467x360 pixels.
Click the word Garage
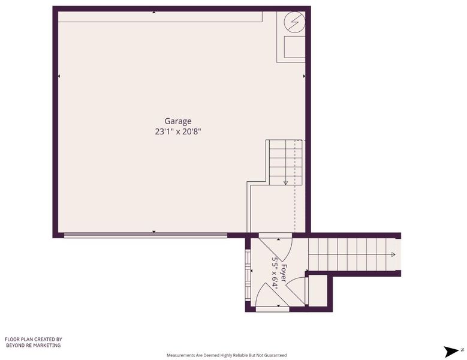[x=178, y=121]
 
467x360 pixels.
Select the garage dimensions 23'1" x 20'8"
[x=178, y=131]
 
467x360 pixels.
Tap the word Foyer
[x=284, y=273]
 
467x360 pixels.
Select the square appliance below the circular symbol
[x=294, y=47]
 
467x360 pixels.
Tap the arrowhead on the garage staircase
[x=285, y=182]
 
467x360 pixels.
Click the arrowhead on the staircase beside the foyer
[x=393, y=254]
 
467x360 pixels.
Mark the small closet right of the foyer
[x=318, y=290]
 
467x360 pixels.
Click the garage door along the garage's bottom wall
[x=146, y=235]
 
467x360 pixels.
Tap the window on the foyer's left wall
[x=248, y=275]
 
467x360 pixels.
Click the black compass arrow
[x=451, y=352]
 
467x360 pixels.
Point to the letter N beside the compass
[x=462, y=350]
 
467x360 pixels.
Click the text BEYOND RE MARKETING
[x=34, y=346]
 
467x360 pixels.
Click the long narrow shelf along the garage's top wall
[x=160, y=17]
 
